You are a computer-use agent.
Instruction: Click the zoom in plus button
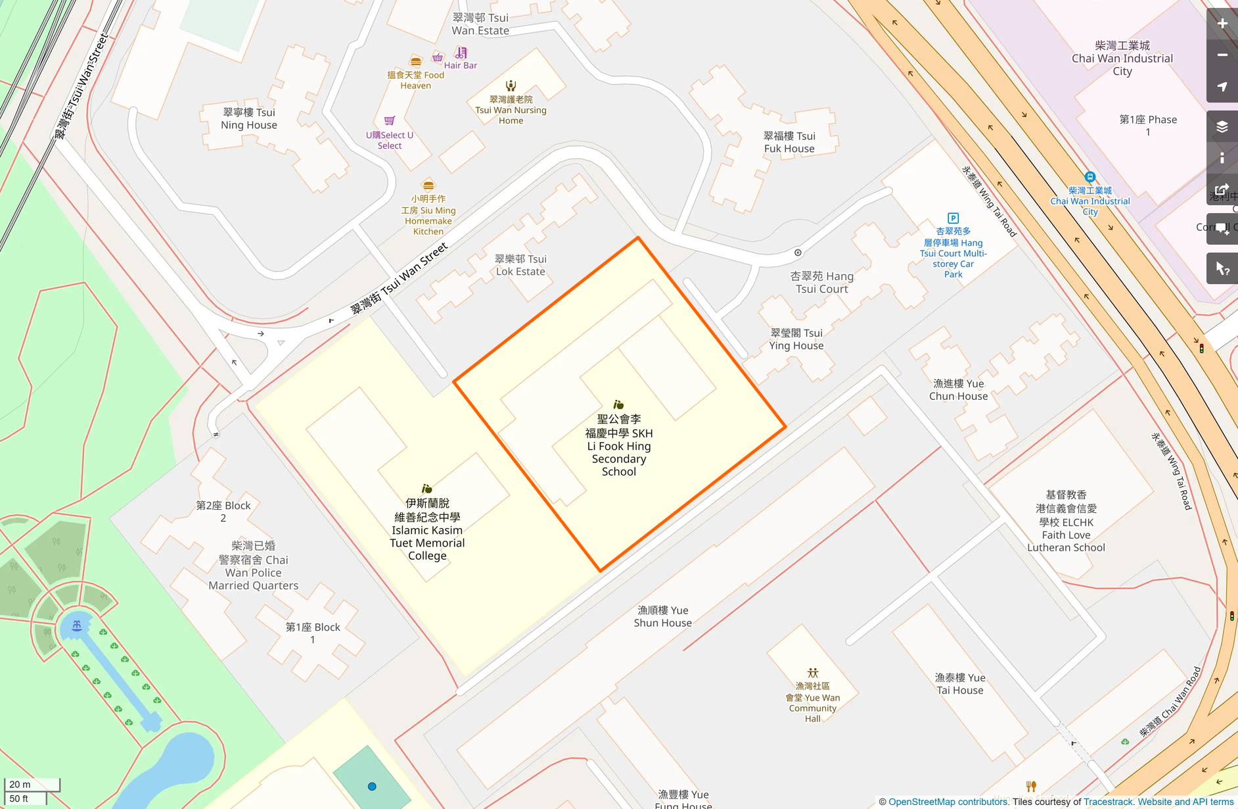click(1222, 24)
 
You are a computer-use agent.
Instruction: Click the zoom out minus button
click(1222, 55)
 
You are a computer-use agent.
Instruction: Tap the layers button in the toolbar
click(1222, 127)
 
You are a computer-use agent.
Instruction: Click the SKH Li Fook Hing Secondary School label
click(618, 445)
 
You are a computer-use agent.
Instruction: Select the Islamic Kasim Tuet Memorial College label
click(427, 529)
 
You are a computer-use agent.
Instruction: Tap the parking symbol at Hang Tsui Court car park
click(953, 218)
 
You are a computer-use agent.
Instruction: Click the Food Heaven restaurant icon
click(415, 62)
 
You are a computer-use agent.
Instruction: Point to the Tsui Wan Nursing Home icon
click(511, 86)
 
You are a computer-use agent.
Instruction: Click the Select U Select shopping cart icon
click(389, 121)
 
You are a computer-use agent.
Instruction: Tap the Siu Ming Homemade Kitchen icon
click(428, 185)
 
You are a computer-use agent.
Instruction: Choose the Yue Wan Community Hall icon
click(813, 673)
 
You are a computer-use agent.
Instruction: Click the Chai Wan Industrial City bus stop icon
click(1089, 177)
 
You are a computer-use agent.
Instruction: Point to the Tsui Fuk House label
click(789, 142)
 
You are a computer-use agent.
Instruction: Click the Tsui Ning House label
click(249, 118)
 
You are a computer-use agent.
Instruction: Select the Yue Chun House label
click(958, 389)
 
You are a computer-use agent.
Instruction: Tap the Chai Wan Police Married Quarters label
click(253, 566)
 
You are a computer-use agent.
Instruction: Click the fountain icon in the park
click(77, 625)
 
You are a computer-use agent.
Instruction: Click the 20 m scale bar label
click(20, 784)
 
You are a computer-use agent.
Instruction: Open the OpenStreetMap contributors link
click(948, 802)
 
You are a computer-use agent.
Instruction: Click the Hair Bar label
click(460, 65)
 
